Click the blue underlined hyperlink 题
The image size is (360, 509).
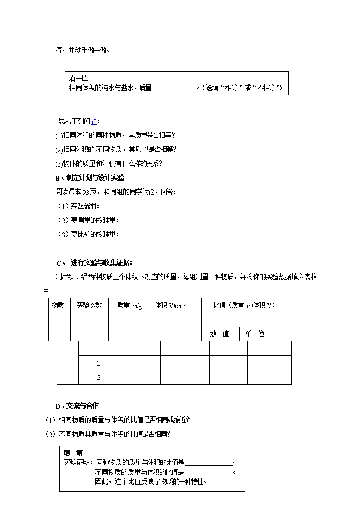click(x=94, y=121)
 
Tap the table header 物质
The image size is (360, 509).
click(x=57, y=305)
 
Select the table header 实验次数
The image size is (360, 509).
click(x=89, y=305)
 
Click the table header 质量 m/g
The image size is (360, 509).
click(x=129, y=306)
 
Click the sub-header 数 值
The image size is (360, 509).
click(x=219, y=334)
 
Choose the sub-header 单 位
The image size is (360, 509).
click(x=254, y=334)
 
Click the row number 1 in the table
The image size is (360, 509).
click(x=99, y=348)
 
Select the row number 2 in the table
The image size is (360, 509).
click(x=99, y=363)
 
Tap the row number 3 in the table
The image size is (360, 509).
click(x=99, y=377)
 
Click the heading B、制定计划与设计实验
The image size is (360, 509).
click(x=89, y=177)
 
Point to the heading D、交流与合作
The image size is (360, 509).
click(x=76, y=406)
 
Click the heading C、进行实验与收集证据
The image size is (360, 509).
click(x=94, y=262)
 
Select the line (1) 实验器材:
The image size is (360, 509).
click(x=79, y=206)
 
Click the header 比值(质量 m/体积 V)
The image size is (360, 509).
click(x=241, y=305)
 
